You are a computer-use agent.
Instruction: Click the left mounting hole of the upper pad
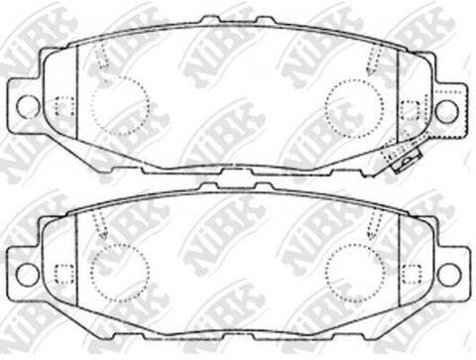point(28,105)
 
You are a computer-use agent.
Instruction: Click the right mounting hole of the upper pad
point(446,109)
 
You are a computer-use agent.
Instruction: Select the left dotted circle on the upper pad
point(119,102)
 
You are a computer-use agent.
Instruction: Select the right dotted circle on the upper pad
point(354,102)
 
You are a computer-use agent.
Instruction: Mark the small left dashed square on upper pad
point(64,106)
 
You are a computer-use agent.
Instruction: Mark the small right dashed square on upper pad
point(410,107)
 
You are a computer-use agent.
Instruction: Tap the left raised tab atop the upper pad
point(209,19)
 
